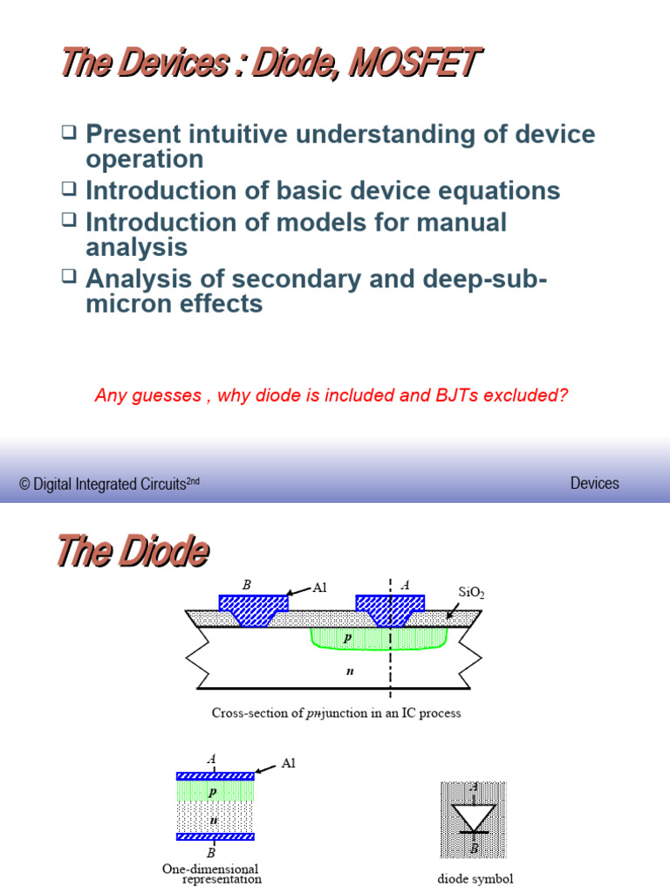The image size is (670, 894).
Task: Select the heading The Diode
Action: tap(133, 552)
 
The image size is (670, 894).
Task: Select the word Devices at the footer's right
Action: tap(594, 483)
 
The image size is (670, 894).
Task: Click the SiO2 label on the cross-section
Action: tap(472, 593)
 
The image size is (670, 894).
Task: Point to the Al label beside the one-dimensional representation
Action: tap(289, 763)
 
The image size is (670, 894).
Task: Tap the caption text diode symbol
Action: tap(475, 879)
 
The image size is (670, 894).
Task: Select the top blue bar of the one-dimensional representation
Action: tap(215, 775)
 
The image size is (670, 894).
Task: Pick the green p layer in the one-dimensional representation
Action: tap(215, 792)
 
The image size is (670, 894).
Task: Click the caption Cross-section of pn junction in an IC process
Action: tap(336, 713)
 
